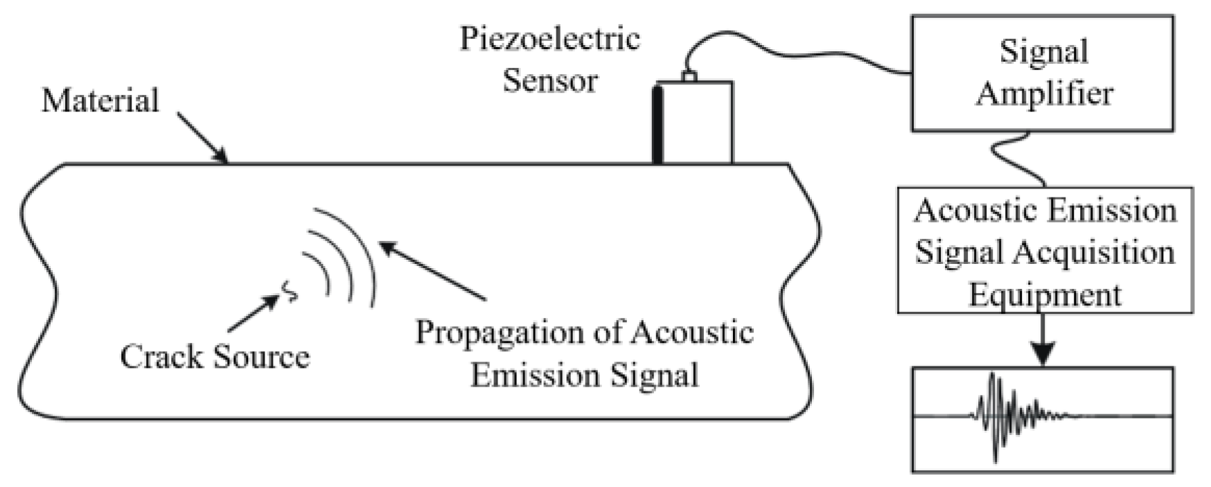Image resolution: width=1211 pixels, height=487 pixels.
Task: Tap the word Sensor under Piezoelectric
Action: tap(549, 80)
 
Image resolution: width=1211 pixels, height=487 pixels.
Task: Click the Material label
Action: tap(100, 100)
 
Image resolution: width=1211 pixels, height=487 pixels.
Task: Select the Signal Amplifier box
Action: tap(1041, 73)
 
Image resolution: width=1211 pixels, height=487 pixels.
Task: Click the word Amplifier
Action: tap(1044, 94)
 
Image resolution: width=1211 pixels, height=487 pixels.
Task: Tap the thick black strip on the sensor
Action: tap(657, 124)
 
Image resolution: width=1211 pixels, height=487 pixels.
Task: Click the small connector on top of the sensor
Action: tap(689, 76)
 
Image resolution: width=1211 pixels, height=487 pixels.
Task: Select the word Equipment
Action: tap(1044, 294)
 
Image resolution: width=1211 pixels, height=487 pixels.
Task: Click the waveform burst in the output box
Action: tap(1005, 416)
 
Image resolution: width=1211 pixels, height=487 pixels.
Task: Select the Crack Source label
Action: tap(215, 357)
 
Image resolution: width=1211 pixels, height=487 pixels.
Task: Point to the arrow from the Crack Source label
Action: tap(253, 314)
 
